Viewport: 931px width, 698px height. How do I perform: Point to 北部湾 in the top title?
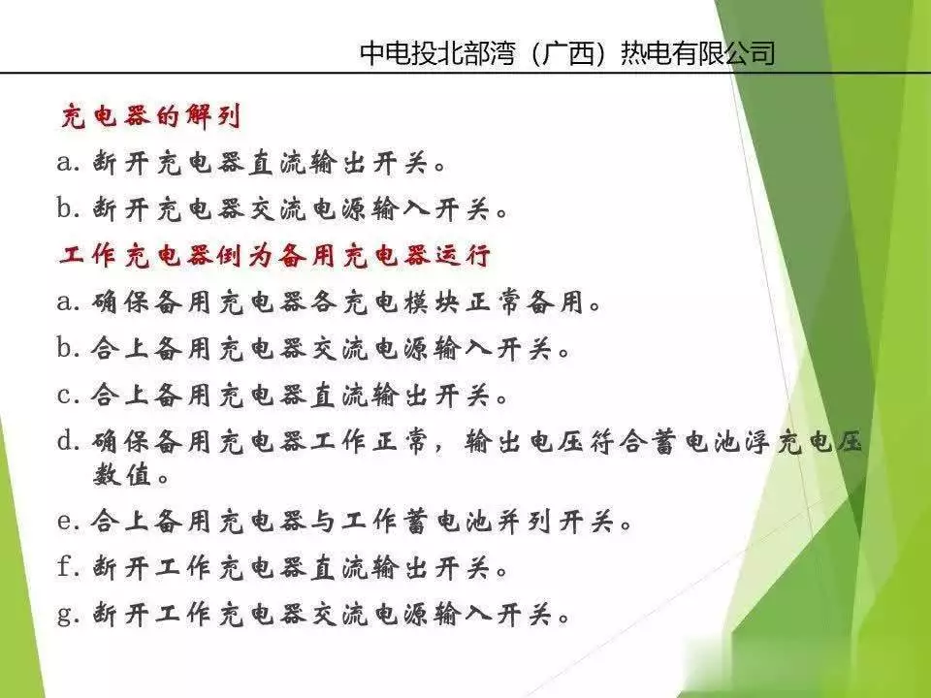coord(475,53)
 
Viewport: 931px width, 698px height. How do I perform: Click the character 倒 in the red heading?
coord(229,256)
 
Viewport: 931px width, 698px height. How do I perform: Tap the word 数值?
coord(122,474)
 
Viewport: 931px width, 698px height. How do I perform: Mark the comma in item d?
coord(440,449)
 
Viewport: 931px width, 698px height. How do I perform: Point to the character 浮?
coord(755,442)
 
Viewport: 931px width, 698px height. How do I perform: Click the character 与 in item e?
coord(324,522)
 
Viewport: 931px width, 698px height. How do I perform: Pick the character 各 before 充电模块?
coord(324,302)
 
